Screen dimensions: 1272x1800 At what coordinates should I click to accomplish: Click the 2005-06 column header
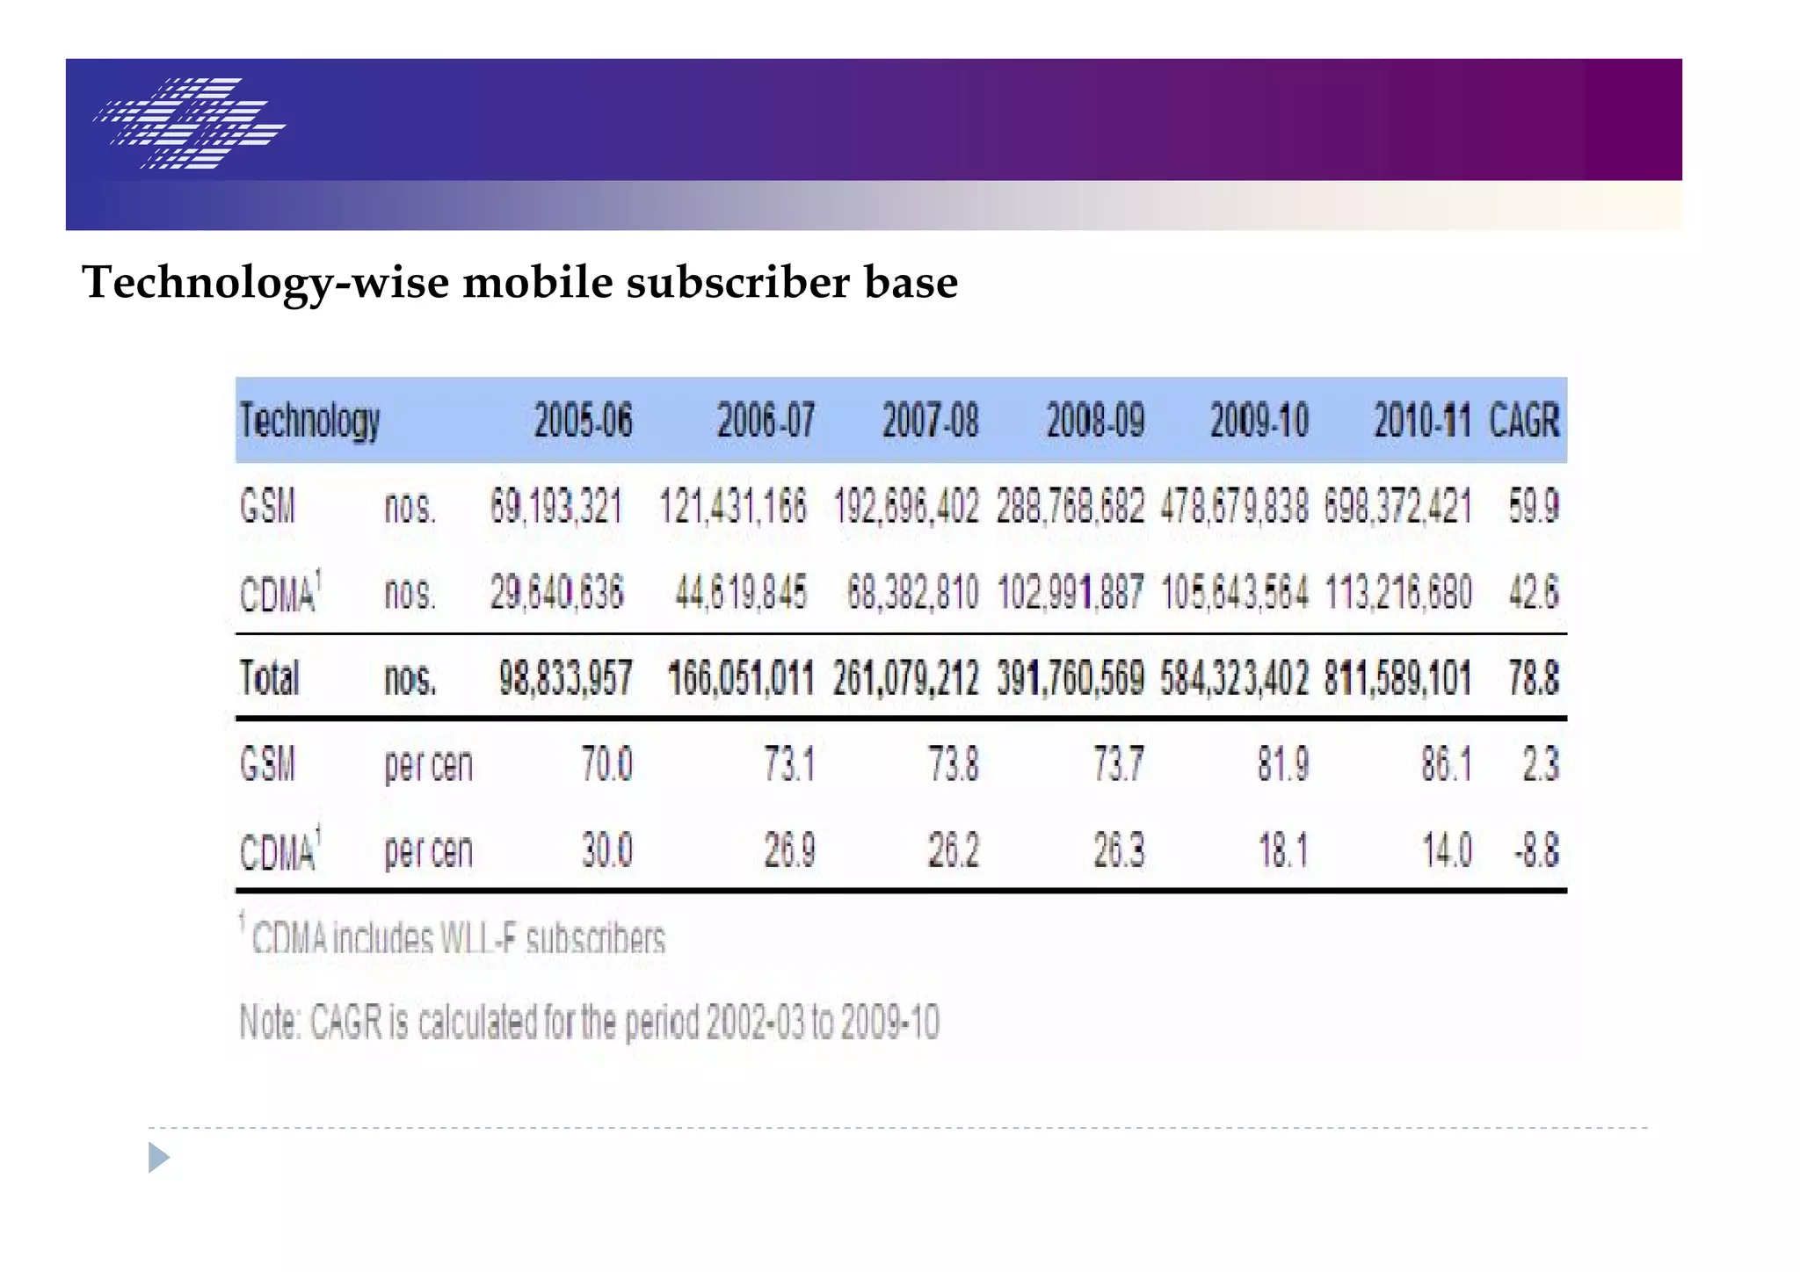[583, 420]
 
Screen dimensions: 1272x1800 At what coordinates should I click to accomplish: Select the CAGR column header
[1524, 420]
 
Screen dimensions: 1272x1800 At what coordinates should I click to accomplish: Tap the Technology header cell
[309, 421]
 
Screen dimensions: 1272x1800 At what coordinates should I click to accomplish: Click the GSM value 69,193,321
[555, 507]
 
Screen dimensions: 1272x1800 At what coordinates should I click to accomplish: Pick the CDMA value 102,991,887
[1070, 592]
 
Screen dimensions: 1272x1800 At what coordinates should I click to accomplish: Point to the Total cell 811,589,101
[1397, 678]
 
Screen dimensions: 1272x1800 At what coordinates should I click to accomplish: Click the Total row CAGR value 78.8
[1534, 678]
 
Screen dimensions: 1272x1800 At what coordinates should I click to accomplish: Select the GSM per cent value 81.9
[1282, 763]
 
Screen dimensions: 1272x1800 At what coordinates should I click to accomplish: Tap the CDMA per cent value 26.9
[789, 849]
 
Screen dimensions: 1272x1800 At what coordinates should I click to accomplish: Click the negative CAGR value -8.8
[1536, 849]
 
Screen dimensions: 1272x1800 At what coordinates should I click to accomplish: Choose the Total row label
[269, 678]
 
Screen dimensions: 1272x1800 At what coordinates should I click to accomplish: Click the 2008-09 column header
[1095, 420]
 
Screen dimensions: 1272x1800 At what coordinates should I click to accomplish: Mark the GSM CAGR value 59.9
[1534, 507]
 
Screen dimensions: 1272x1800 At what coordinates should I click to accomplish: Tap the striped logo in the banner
[189, 123]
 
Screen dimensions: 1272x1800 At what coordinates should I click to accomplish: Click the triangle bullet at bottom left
[158, 1157]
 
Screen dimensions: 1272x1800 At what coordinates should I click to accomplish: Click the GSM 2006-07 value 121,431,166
[732, 507]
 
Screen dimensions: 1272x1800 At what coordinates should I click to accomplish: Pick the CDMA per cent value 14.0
[1447, 849]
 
